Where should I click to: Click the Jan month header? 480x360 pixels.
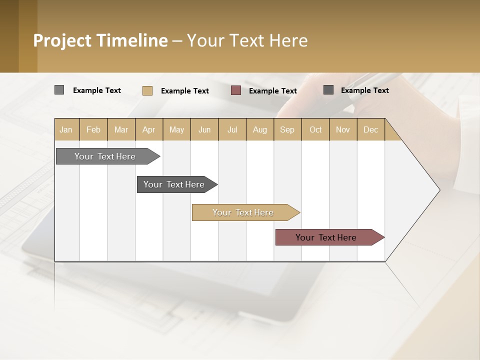(66, 129)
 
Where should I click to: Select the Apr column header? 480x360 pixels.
(148, 129)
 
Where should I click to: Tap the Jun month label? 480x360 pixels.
(204, 129)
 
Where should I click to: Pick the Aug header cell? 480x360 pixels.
(259, 129)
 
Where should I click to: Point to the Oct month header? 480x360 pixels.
(315, 129)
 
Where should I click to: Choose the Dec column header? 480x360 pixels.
(370, 129)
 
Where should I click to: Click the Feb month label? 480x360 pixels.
(93, 129)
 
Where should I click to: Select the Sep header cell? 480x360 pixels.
(287, 129)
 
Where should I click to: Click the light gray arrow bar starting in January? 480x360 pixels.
(105, 156)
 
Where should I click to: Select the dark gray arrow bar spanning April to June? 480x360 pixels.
(174, 184)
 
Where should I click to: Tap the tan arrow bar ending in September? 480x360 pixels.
(243, 212)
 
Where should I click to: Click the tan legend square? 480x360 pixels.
(147, 90)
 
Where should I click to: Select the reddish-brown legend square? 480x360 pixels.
(236, 90)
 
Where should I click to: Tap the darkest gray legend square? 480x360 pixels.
(328, 90)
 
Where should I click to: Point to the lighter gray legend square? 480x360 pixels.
(59, 90)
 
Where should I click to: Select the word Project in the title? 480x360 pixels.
(62, 40)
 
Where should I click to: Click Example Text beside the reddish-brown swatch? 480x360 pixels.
(272, 91)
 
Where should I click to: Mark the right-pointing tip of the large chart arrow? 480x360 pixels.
(439, 190)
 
